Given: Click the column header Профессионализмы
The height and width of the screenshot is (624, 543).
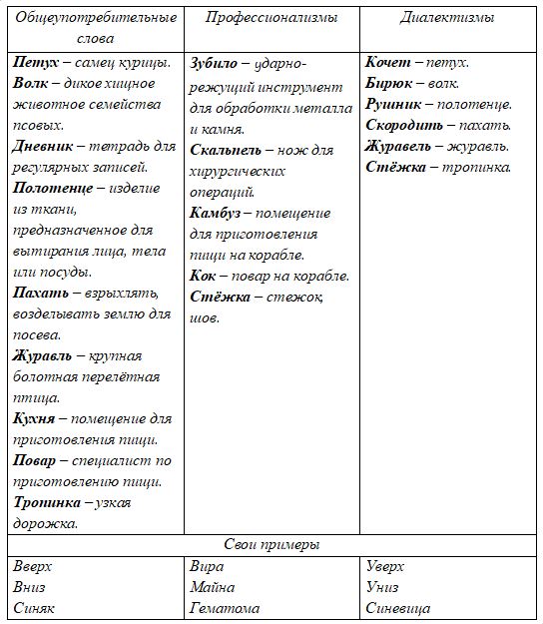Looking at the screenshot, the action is pyautogui.click(x=271, y=18).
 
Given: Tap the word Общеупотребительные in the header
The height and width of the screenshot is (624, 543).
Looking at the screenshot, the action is pyautogui.click(x=96, y=18).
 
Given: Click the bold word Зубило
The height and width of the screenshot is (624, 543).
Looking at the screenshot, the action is pyautogui.click(x=215, y=62).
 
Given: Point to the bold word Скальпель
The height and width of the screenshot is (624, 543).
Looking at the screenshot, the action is pyautogui.click(x=226, y=150).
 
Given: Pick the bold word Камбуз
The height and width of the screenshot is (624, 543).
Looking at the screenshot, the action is pyautogui.click(x=219, y=212).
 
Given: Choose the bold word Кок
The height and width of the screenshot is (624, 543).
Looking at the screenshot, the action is pyautogui.click(x=203, y=275).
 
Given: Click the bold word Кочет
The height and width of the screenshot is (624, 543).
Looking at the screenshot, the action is pyautogui.click(x=387, y=62).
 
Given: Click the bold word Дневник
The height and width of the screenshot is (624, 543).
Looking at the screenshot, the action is pyautogui.click(x=42, y=146).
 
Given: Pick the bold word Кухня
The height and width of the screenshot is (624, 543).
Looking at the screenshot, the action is pyautogui.click(x=35, y=417).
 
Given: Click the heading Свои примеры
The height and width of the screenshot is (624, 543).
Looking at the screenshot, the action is pyautogui.click(x=271, y=545).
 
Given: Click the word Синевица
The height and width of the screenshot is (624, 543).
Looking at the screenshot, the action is pyautogui.click(x=398, y=608).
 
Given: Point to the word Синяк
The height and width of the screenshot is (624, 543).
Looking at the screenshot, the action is pyautogui.click(x=35, y=608).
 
